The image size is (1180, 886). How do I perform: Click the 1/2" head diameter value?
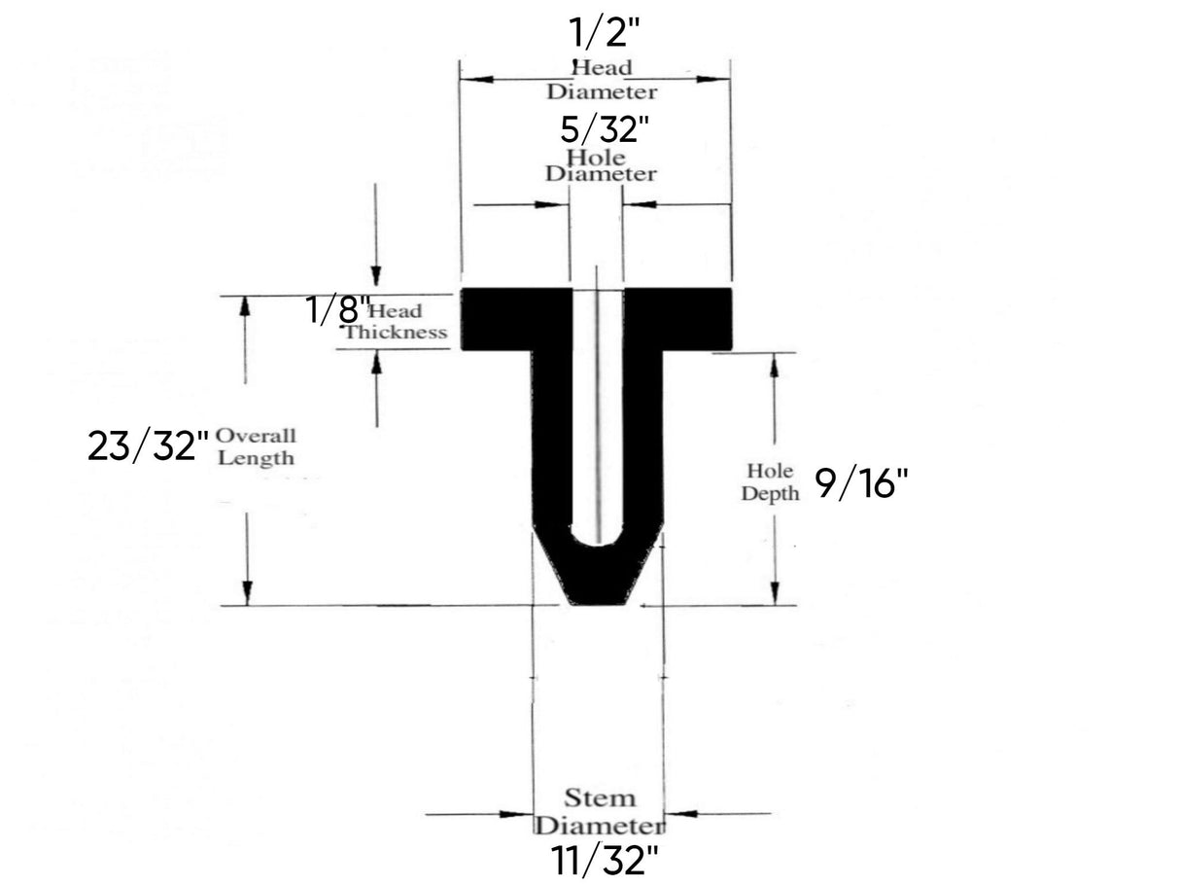pos(604,34)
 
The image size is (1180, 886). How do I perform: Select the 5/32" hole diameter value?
pos(604,129)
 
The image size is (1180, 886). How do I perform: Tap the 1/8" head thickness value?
pos(336,311)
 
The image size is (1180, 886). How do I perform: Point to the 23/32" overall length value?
pos(148,446)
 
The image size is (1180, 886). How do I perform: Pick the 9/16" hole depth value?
pos(853,482)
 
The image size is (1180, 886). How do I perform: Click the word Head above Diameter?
pos(602,68)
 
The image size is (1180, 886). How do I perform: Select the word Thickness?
pos(396,332)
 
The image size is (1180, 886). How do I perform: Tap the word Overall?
pos(256,436)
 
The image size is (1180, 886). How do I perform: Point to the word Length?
pos(256,458)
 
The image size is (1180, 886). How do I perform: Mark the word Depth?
pos(770,493)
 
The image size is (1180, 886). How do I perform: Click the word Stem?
pos(600,799)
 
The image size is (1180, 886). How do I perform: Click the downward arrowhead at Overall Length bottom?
pos(247,592)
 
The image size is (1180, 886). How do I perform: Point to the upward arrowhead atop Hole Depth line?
pos(775,365)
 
